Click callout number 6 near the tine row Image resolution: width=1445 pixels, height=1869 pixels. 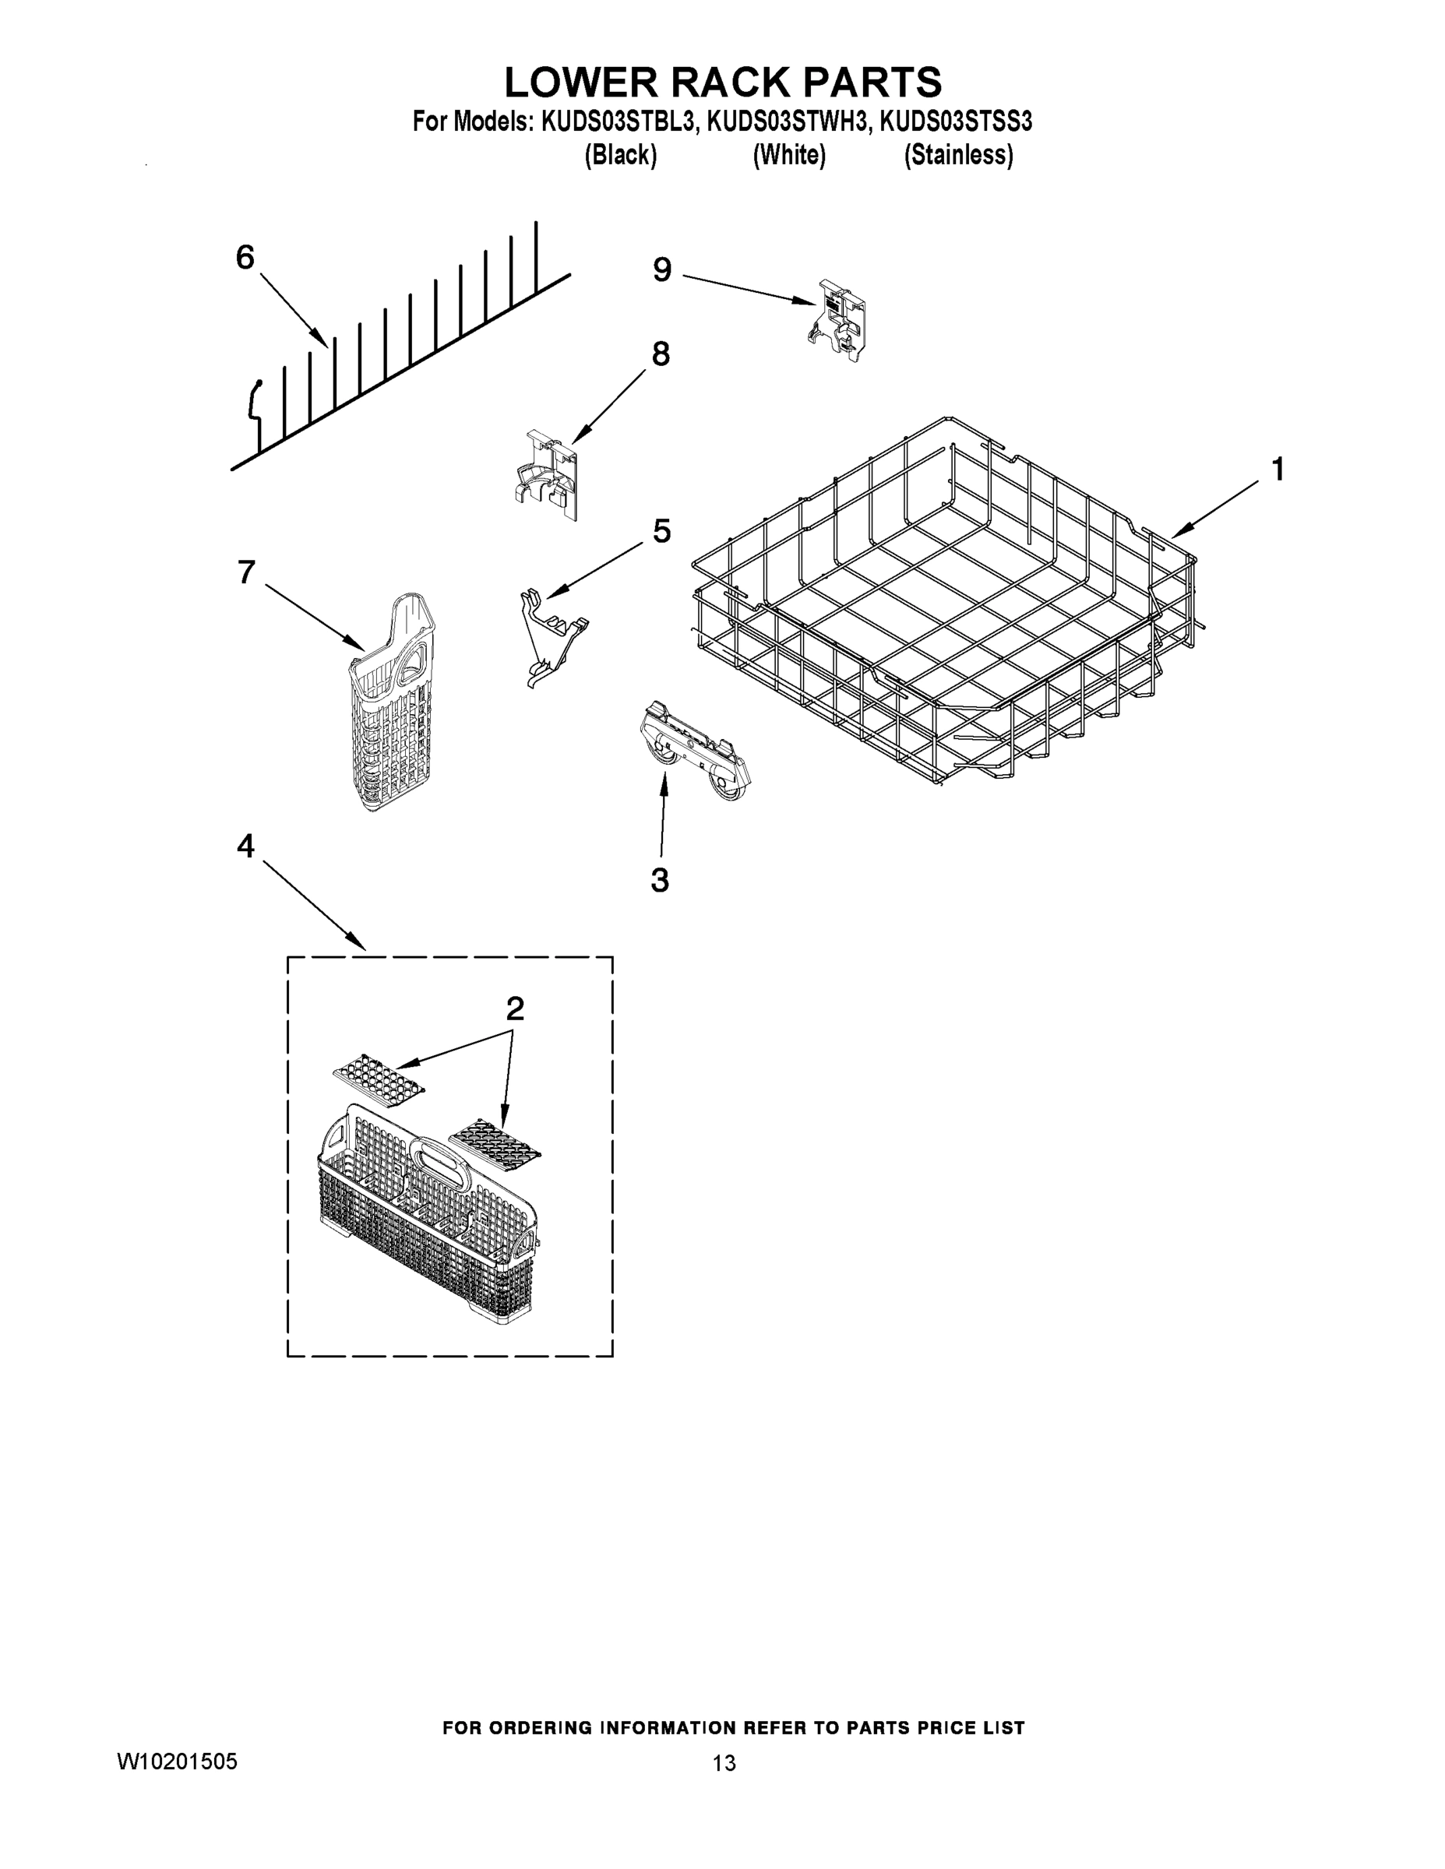(245, 258)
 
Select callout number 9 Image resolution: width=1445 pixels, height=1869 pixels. (661, 270)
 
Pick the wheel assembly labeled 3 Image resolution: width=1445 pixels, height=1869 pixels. (695, 753)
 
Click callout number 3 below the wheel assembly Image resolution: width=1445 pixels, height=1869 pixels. (659, 880)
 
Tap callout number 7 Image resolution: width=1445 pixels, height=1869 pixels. (246, 572)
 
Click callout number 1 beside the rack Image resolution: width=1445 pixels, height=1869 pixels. (1278, 470)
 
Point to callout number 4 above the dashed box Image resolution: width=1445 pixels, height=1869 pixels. (245, 847)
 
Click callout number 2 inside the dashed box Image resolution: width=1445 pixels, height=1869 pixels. (514, 1009)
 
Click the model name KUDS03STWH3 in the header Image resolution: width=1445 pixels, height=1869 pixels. (787, 122)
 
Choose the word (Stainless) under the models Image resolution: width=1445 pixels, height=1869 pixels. (959, 156)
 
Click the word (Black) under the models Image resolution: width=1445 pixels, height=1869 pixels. (621, 156)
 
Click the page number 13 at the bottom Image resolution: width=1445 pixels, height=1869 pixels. (724, 1763)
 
